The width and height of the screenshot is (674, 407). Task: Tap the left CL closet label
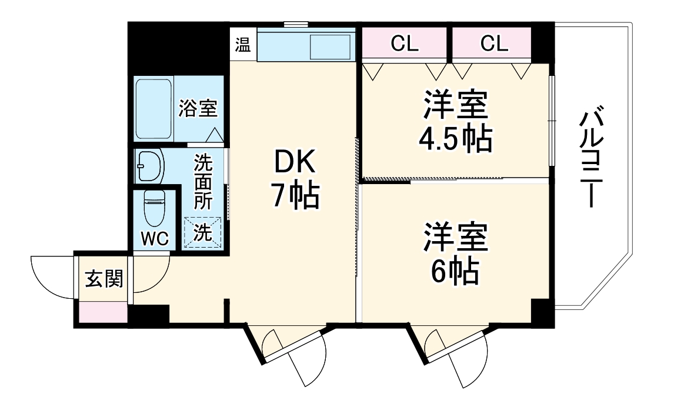405,44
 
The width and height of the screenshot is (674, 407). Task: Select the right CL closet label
494,44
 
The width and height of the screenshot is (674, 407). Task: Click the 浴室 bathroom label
198,108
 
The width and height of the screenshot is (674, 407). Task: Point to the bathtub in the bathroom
154,109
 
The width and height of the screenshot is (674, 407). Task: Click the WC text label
155,238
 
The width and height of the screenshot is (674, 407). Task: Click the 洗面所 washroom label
203,181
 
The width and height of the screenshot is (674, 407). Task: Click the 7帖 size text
294,196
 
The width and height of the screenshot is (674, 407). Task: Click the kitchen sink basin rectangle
331,46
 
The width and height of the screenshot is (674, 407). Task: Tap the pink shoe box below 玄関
104,312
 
